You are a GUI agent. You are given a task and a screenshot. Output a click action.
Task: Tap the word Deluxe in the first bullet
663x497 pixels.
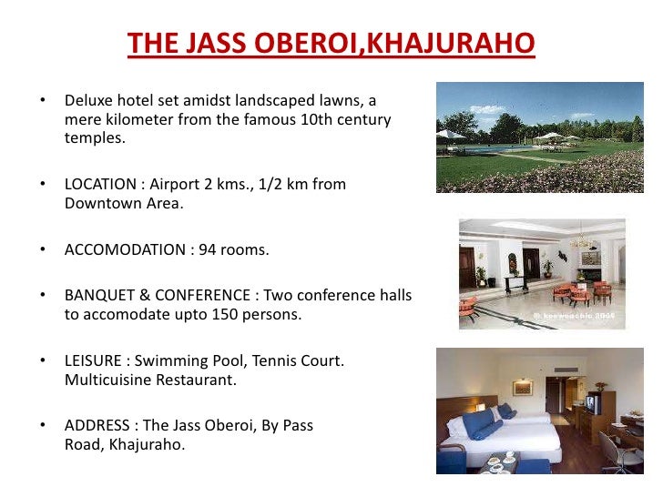(90, 100)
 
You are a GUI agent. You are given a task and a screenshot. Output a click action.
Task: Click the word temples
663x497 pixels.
(94, 138)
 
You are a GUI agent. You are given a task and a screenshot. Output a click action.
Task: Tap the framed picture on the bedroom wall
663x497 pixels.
(522, 387)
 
